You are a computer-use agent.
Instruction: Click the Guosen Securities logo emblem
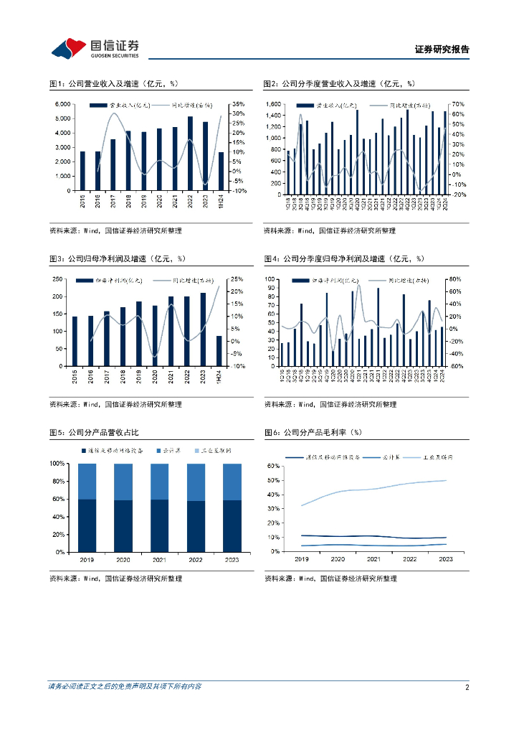tap(70, 49)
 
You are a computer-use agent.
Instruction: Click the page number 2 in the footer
tap(467, 687)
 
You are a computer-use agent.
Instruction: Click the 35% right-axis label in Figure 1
tap(239, 105)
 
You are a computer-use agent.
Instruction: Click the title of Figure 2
tap(339, 84)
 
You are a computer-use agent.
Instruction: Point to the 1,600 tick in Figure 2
tap(277, 105)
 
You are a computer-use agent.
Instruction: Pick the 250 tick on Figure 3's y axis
tap(60, 278)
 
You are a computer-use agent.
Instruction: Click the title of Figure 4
tap(343, 258)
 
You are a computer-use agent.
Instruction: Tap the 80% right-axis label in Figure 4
tap(457, 278)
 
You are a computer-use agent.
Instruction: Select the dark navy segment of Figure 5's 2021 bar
tap(161, 526)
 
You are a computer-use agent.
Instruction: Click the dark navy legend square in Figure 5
tap(84, 450)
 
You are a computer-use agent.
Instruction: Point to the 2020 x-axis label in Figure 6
tap(337, 559)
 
